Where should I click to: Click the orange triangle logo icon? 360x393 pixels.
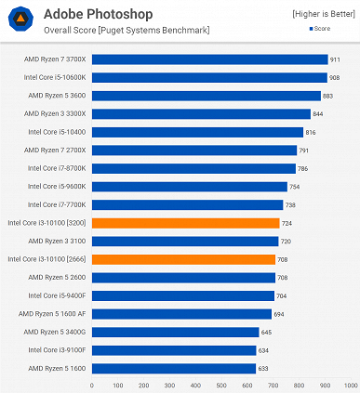(x=20, y=20)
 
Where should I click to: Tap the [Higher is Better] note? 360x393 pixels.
(x=323, y=14)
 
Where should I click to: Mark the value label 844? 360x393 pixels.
(x=318, y=114)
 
